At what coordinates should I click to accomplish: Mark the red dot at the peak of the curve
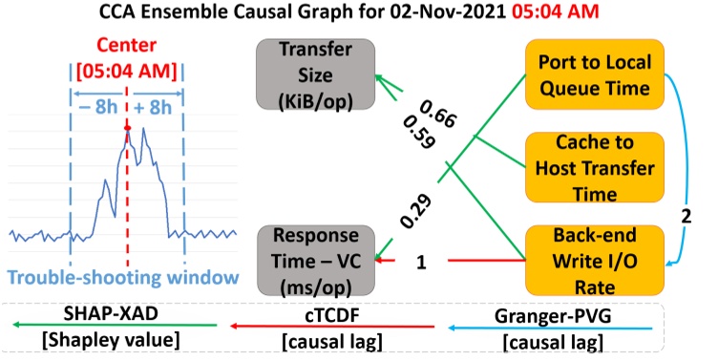[127, 128]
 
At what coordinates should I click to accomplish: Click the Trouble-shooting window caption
[122, 277]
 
